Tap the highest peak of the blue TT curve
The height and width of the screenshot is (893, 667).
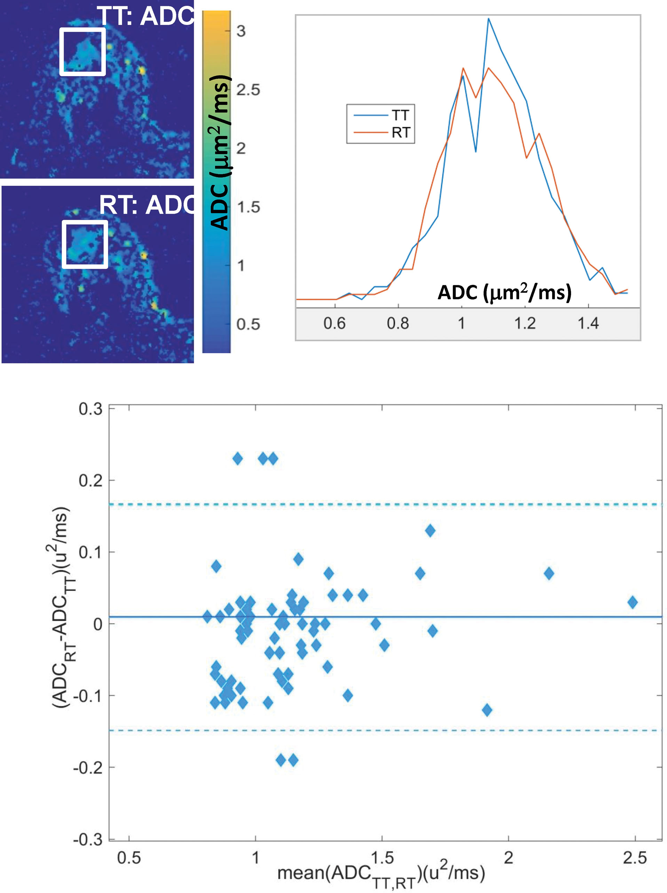(488, 18)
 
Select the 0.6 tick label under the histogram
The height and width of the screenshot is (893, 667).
(334, 324)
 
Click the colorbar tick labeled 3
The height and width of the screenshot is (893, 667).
(241, 31)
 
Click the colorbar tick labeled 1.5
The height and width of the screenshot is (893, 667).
(248, 207)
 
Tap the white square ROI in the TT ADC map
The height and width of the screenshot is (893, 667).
(83, 52)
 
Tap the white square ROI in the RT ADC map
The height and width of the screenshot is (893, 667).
(85, 244)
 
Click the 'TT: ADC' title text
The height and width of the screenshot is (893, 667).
(145, 16)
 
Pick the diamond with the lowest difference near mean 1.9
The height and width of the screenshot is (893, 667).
(487, 710)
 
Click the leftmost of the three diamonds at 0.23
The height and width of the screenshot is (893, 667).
(238, 459)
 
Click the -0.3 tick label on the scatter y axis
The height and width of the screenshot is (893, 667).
(88, 840)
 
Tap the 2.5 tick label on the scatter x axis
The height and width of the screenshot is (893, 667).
(635, 858)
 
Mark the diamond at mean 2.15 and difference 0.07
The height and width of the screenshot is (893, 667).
(549, 573)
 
